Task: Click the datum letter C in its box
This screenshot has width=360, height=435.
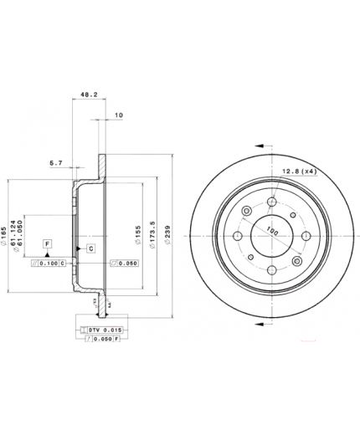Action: (90, 248)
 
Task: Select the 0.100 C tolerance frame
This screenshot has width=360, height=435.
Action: (51, 264)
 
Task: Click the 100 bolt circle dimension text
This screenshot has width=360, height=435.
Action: (271, 228)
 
